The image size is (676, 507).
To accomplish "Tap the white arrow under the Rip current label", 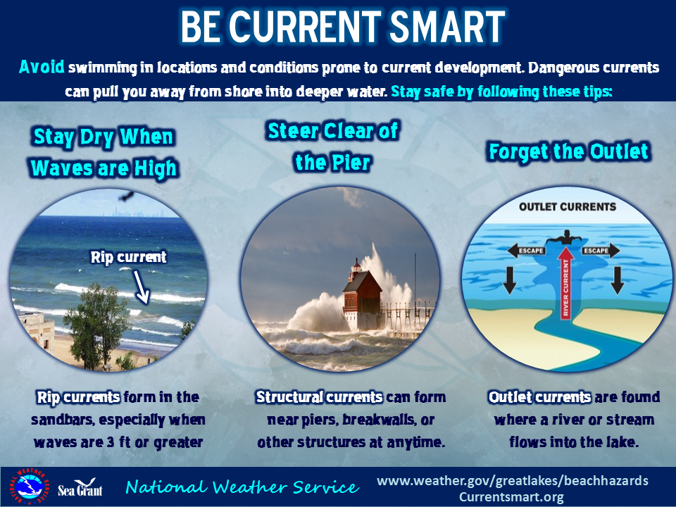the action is click(141, 287).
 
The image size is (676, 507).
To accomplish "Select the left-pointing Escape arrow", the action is click(527, 251).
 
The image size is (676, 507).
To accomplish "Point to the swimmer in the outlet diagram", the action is click(564, 237).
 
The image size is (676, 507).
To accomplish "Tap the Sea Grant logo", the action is click(80, 487).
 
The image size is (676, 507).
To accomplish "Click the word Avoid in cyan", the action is click(42, 67).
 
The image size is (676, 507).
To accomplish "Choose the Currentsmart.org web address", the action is click(511, 496).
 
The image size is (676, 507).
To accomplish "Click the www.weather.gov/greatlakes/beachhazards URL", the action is click(513, 480).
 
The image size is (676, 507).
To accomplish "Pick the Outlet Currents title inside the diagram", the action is click(568, 207).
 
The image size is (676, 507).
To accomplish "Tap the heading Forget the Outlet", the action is click(569, 152).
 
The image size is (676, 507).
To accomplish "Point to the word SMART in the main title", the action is click(447, 26).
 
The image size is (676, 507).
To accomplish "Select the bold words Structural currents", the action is click(319, 396).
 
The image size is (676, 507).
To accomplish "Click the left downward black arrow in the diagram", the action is click(510, 280).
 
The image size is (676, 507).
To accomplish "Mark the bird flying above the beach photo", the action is click(127, 196).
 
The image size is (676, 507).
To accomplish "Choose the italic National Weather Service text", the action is click(242, 487).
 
